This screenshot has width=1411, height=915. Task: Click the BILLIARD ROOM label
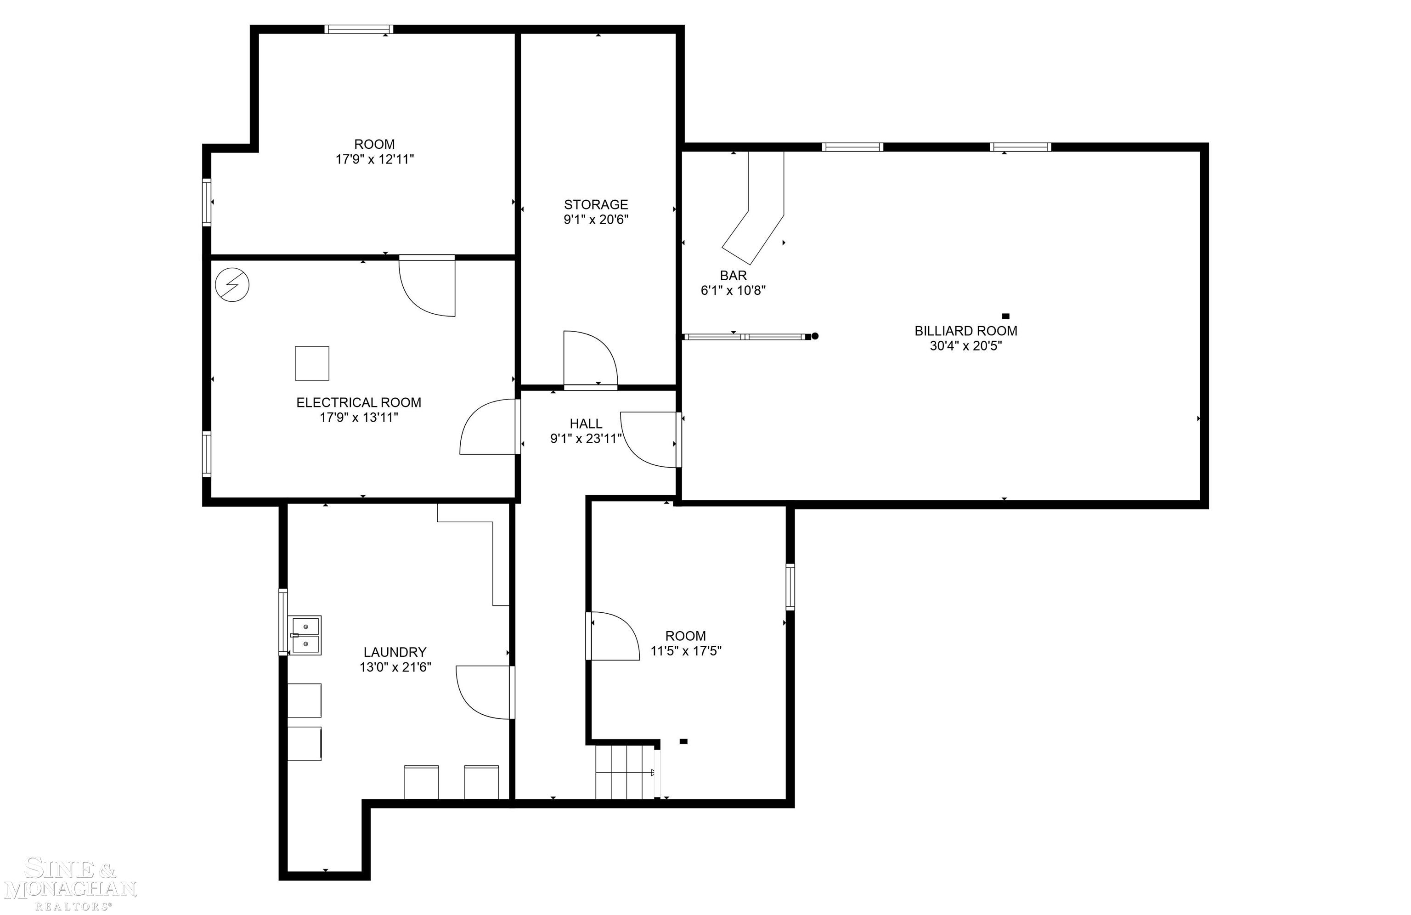966,331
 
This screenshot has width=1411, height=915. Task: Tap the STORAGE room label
596,204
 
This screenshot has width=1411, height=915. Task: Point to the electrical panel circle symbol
232,285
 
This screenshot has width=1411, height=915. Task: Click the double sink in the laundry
305,635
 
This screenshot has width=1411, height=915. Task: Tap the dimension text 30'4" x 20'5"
966,346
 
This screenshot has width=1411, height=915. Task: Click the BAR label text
734,276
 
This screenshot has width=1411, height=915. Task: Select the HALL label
586,424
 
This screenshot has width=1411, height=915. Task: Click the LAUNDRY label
395,652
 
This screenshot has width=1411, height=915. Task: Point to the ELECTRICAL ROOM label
359,403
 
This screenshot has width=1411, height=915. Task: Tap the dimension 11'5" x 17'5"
686,651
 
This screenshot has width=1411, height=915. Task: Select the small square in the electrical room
312,363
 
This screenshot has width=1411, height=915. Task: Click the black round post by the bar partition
815,336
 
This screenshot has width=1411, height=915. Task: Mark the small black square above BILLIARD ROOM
1005,316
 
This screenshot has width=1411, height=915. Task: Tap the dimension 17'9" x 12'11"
375,159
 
